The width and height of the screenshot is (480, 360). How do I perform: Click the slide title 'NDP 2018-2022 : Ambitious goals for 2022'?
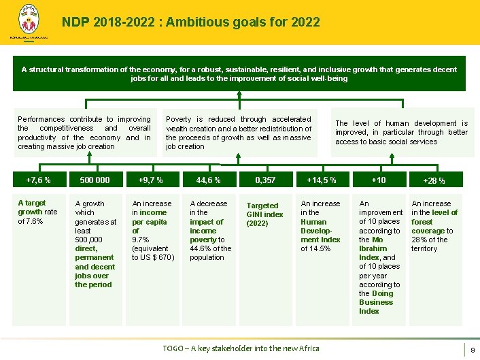click(190, 22)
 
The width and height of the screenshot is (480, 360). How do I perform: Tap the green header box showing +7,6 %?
click(38, 180)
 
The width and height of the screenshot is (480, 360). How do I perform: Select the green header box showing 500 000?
click(95, 180)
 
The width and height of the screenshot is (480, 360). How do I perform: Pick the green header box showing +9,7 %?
click(150, 180)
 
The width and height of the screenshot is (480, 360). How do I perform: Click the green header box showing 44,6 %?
click(208, 180)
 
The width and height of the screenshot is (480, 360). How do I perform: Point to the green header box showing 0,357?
click(265, 180)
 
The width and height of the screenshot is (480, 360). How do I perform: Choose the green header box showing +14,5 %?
click(322, 180)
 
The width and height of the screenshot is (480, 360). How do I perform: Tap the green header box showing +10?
click(379, 180)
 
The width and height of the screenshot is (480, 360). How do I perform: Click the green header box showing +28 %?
click(434, 181)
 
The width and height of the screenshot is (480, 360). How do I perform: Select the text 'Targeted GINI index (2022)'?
click(264, 214)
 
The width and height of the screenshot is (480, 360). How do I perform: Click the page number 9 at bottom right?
click(472, 349)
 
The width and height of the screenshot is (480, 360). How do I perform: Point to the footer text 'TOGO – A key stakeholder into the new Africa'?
click(241, 348)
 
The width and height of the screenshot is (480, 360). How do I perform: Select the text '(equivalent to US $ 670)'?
click(153, 253)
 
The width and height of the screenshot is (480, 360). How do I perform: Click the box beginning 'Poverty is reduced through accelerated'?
click(239, 133)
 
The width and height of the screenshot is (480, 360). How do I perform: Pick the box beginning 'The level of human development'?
click(401, 133)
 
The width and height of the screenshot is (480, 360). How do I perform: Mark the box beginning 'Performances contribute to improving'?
click(84, 133)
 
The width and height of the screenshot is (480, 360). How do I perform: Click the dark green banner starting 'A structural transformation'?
click(239, 73)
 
